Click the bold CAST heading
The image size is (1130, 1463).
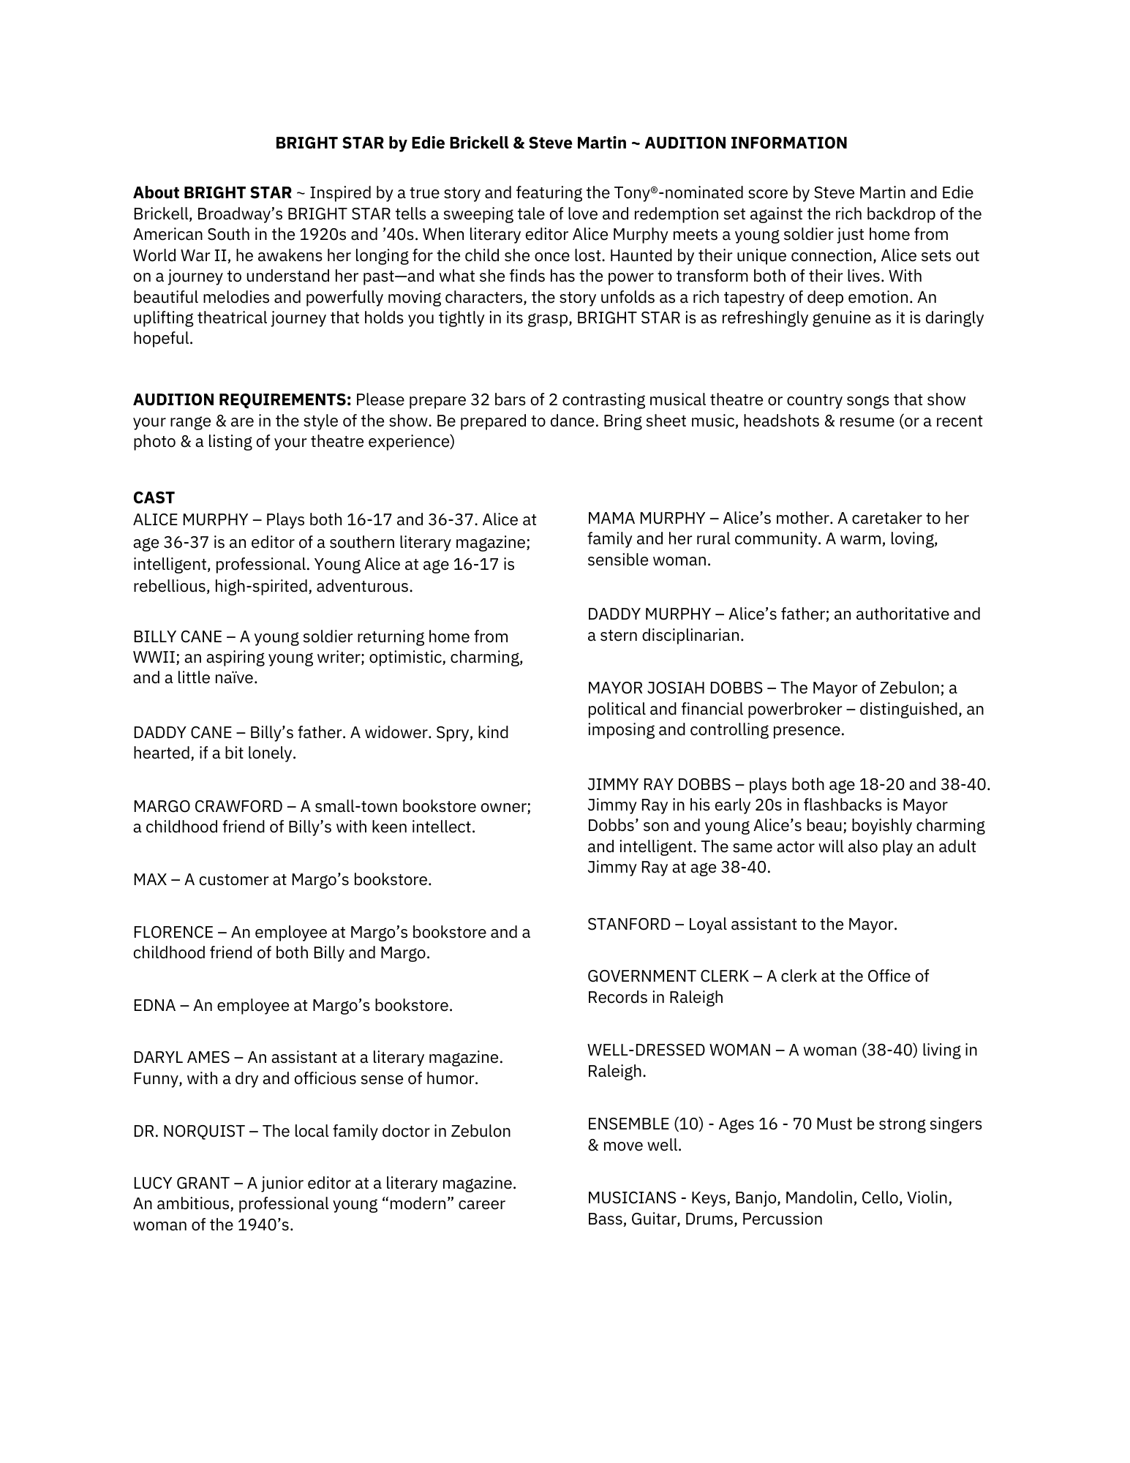pyautogui.click(x=154, y=498)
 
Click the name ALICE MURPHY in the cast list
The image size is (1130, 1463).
pyautogui.click(x=190, y=520)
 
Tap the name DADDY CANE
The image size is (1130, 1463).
pyautogui.click(x=183, y=733)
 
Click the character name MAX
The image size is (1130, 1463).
pyautogui.click(x=150, y=880)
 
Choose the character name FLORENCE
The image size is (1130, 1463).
pyautogui.click(x=173, y=933)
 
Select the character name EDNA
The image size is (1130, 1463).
pyautogui.click(x=154, y=1006)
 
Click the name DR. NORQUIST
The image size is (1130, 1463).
pyautogui.click(x=189, y=1132)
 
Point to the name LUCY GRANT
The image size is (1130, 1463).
pyautogui.click(x=181, y=1184)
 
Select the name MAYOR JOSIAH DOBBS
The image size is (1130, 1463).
pyautogui.click(x=675, y=688)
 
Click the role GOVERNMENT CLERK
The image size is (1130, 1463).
pyautogui.click(x=668, y=977)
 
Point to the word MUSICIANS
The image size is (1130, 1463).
pyautogui.click(x=631, y=1198)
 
